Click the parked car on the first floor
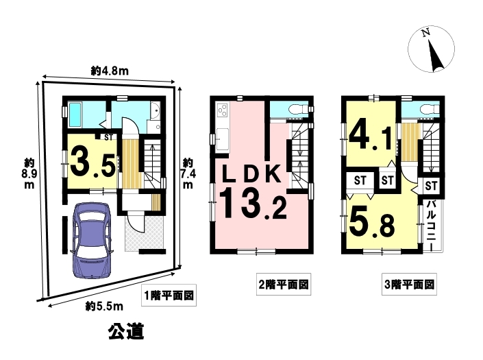[x=92, y=240]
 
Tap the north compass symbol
[x=431, y=49]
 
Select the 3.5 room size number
[x=93, y=163]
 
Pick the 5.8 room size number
[x=372, y=223]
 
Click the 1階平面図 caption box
[x=169, y=296]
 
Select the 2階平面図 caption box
[x=284, y=284]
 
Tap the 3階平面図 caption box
[x=410, y=284]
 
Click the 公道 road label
[x=126, y=331]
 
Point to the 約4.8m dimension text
[x=110, y=71]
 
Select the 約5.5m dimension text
[x=104, y=307]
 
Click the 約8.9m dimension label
[x=29, y=174]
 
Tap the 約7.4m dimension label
[x=188, y=173]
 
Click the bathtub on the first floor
[x=75, y=115]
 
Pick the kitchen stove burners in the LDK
[x=223, y=110]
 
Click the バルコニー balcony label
[x=431, y=225]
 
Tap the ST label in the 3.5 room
[x=108, y=137]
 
